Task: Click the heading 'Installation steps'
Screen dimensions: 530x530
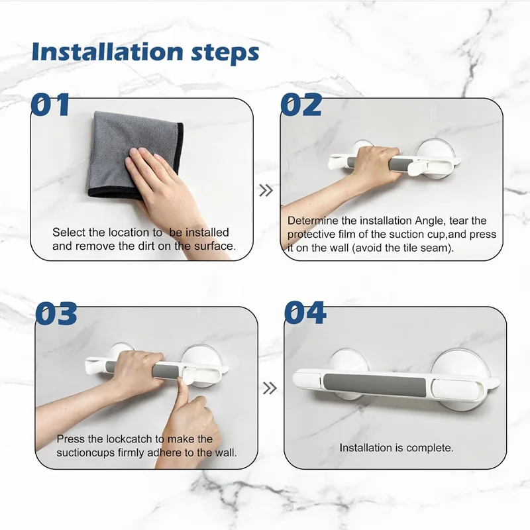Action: pos(145,52)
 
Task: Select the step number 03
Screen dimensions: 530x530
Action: pos(56,313)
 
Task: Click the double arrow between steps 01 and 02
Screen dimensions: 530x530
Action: pos(266,191)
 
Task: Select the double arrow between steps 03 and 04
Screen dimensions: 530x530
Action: pos(270,388)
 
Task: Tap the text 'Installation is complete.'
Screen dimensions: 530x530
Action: pos(396,448)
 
